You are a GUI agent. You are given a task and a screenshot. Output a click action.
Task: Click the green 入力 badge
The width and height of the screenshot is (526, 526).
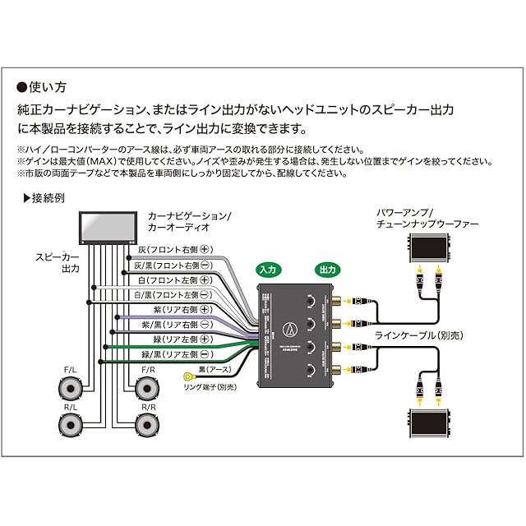point(269,270)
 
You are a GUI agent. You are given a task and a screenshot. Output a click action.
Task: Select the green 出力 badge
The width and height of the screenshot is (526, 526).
point(327,270)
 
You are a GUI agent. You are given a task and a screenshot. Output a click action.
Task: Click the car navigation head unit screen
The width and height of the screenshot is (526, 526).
point(108,226)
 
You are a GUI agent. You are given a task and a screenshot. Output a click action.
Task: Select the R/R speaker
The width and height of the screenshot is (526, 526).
point(148,425)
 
